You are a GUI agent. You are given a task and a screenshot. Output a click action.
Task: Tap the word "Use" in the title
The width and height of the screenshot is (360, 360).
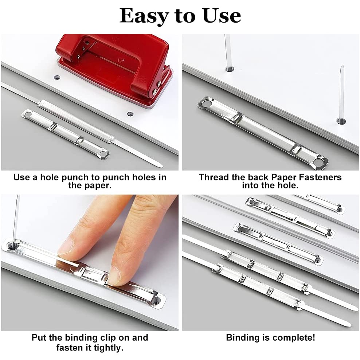coord(222,16)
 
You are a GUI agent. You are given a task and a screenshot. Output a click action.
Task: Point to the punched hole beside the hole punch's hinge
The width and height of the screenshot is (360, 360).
coord(130,114)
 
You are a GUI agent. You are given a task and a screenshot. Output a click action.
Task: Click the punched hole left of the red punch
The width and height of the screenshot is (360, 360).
coord(57,77)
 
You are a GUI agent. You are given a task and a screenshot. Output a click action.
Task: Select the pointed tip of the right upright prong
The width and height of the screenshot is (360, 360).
coord(343,66)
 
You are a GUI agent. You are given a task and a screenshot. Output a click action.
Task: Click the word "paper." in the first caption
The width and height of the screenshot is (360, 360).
coord(90,185)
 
